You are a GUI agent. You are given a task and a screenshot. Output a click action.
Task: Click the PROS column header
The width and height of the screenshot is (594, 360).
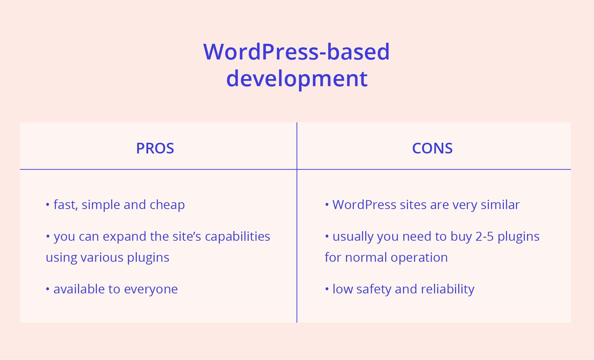tap(155, 148)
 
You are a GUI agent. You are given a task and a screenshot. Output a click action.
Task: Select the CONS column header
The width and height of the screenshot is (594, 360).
tap(432, 148)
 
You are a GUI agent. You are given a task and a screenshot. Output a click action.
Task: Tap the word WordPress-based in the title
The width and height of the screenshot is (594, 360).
tap(296, 52)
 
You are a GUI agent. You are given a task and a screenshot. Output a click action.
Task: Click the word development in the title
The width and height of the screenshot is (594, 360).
tap(297, 79)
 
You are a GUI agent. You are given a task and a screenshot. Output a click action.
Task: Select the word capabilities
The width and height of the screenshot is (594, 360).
tap(237, 236)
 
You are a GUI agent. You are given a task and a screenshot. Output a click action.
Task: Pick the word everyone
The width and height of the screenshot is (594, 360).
tap(151, 289)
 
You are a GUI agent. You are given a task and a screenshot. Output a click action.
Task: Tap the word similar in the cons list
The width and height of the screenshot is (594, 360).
tap(500, 205)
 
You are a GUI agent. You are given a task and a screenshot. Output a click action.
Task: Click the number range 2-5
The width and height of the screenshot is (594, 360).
tap(485, 236)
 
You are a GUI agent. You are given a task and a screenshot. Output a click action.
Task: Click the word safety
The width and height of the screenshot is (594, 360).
tap(374, 289)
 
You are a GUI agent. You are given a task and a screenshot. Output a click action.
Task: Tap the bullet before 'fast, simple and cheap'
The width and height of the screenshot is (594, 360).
tap(48, 204)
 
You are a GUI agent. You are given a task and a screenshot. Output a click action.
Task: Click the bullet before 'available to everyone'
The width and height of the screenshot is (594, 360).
tap(48, 289)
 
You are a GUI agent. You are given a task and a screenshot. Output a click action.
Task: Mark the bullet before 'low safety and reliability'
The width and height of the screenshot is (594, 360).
tap(327, 289)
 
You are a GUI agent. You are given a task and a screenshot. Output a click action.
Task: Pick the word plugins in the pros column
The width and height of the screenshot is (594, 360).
tap(148, 258)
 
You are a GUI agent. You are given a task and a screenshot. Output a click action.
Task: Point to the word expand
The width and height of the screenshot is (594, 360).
tap(124, 236)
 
